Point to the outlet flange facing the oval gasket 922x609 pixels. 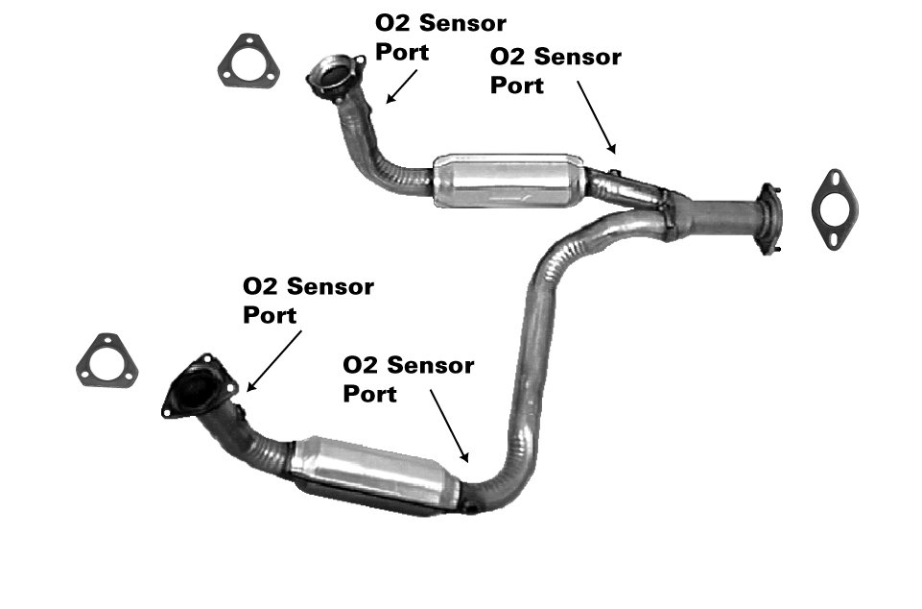point(769,219)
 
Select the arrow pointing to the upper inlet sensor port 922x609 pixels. point(402,86)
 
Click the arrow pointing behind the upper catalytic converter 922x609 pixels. point(596,117)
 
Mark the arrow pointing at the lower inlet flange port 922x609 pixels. point(274,360)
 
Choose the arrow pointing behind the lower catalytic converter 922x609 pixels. point(450,426)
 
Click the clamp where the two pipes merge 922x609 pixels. point(667,214)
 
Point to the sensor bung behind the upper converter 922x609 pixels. point(614,173)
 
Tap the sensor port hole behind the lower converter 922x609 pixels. point(472,506)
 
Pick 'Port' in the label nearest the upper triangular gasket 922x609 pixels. point(402,52)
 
